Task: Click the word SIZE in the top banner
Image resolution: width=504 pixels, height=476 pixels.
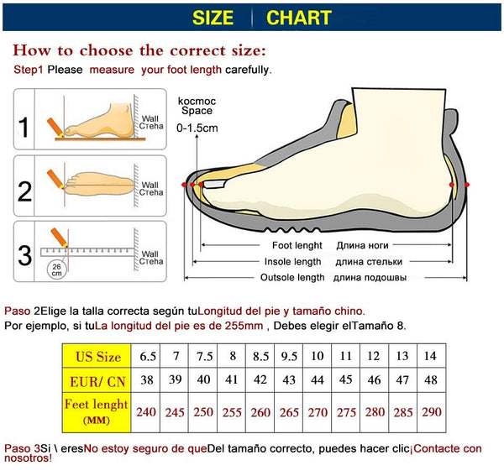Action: (x=213, y=17)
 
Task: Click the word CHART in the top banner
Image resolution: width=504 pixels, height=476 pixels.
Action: (x=299, y=17)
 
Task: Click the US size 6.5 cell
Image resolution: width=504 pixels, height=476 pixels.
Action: (x=148, y=356)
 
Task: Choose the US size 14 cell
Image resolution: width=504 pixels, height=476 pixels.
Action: (x=430, y=356)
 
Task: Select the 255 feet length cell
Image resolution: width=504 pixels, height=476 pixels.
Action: (x=232, y=412)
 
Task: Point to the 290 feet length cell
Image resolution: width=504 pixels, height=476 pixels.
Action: (x=430, y=412)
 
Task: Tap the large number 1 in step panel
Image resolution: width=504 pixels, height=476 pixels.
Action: (x=24, y=127)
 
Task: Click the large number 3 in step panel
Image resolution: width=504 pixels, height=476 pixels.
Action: (x=24, y=254)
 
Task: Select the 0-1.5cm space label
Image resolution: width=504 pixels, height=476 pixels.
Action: (x=197, y=128)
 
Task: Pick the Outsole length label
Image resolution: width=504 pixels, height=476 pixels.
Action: (x=291, y=277)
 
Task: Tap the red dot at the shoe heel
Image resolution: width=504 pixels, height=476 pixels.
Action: (x=466, y=184)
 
